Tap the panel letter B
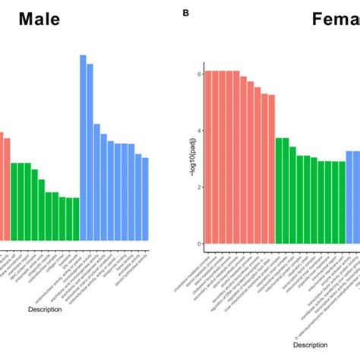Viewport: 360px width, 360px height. (x=185, y=13)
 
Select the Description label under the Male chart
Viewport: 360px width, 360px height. (x=45, y=309)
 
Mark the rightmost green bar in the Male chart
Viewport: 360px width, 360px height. (x=76, y=220)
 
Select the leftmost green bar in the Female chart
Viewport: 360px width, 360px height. (x=279, y=190)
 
